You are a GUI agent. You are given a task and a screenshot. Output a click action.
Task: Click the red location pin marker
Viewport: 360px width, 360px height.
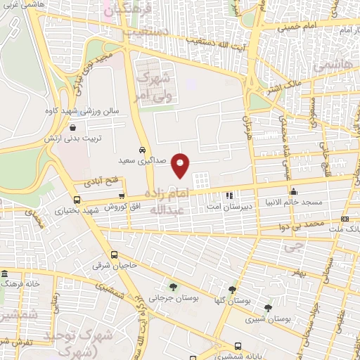pyautogui.click(x=181, y=165)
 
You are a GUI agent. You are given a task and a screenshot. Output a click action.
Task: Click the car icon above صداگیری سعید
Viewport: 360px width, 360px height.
pyautogui.click(x=143, y=150)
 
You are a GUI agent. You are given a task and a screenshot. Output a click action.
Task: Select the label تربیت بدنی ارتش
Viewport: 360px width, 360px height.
pyautogui.click(x=90, y=138)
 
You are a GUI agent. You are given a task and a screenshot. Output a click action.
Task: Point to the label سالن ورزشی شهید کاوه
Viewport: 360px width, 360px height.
pyautogui.click(x=89, y=110)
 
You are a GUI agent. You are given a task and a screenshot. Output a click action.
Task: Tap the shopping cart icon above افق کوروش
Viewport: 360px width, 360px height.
pyautogui.click(x=122, y=197)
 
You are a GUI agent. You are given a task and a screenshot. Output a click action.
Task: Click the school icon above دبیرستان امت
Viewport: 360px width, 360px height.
pyautogui.click(x=229, y=195)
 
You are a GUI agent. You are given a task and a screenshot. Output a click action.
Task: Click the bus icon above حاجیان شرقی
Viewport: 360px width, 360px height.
pyautogui.click(x=114, y=255)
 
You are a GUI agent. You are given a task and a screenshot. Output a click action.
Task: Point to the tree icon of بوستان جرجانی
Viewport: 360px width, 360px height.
pyautogui.click(x=172, y=287)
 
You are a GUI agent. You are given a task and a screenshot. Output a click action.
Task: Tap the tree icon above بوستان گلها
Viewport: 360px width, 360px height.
pyautogui.click(x=232, y=289)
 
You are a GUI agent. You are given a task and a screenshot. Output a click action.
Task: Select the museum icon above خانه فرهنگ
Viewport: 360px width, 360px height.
pyautogui.click(x=5, y=274)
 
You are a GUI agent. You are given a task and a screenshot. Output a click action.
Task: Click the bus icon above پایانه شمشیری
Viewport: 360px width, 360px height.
pyautogui.click(x=238, y=346)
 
